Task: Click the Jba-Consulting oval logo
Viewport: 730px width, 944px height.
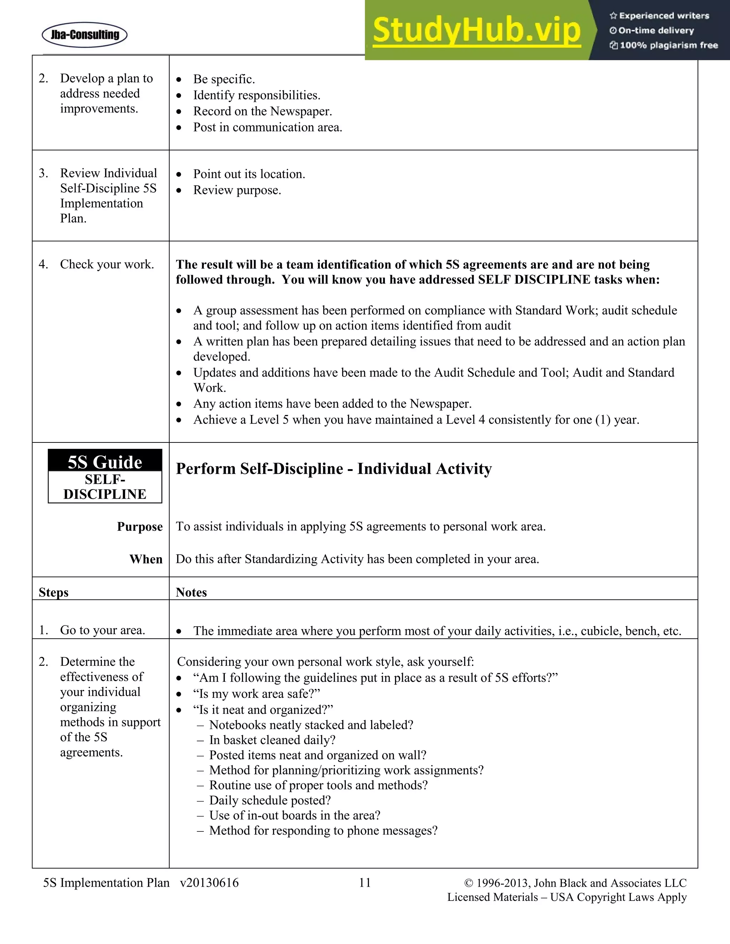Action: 84,35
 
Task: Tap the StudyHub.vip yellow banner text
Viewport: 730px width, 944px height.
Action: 476,30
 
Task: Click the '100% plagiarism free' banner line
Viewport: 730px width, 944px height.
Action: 664,45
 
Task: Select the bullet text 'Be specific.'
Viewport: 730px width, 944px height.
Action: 223,79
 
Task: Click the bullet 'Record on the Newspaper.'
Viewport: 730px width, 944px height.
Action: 262,111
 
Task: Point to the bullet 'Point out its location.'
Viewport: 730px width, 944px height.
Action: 249,174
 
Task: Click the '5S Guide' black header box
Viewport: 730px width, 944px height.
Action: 105,462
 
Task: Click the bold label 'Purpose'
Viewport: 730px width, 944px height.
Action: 140,527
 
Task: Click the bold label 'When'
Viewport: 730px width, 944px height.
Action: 146,559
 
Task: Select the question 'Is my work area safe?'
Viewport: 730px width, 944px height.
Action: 256,693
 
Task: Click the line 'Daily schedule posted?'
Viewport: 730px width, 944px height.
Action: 270,800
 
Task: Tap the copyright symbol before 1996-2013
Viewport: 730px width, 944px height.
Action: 469,883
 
